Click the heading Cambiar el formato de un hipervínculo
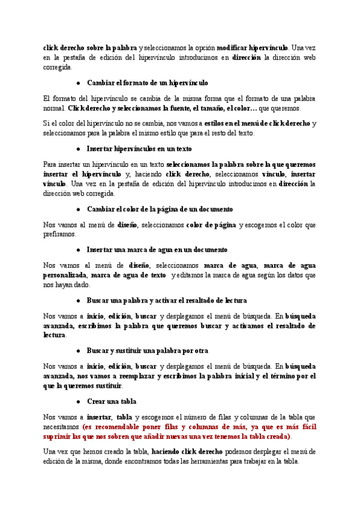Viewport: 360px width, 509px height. (x=148, y=82)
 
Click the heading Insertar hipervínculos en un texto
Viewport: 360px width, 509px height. (x=139, y=148)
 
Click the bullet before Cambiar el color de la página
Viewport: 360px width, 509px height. (x=79, y=209)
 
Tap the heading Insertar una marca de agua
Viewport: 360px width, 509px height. (x=157, y=249)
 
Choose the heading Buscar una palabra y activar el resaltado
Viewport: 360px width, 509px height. (x=167, y=300)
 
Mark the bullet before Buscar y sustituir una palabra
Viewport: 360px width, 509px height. (x=79, y=351)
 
